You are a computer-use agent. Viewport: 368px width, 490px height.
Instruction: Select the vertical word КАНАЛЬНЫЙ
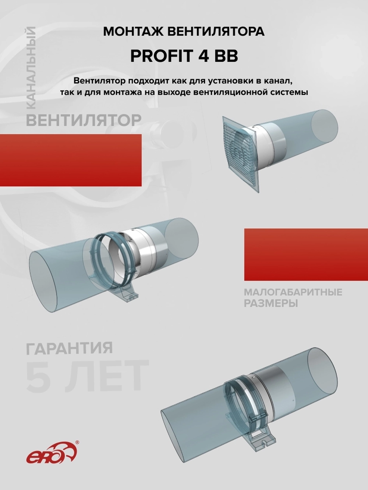click(31, 68)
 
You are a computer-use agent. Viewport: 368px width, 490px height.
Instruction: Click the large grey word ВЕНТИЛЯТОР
click(84, 120)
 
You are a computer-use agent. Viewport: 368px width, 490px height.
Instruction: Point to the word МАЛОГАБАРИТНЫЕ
click(293, 292)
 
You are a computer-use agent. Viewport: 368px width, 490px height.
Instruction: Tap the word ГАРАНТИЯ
click(69, 348)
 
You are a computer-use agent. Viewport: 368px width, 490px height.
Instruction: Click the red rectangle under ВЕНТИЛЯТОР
click(71, 160)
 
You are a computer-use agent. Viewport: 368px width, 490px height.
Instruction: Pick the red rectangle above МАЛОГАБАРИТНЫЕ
click(306, 254)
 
